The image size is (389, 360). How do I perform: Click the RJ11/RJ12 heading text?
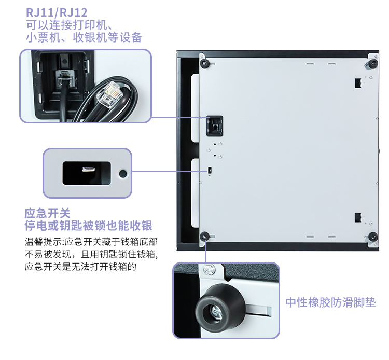[x=57, y=12]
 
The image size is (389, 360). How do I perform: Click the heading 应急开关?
[x=47, y=213]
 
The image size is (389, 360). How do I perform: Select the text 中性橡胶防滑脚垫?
[x=331, y=302]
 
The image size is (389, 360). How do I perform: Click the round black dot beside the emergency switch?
[x=123, y=174]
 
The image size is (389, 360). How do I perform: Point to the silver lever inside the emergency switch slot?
[x=89, y=170]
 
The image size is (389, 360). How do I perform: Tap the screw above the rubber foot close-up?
[x=210, y=269]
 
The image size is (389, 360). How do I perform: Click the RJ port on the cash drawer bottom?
[x=215, y=126]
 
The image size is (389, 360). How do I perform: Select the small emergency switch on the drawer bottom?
[x=210, y=170]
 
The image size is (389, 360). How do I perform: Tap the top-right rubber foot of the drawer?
[x=373, y=64]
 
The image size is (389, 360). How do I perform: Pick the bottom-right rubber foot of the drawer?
[x=373, y=237]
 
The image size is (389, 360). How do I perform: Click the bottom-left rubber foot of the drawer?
[x=205, y=236]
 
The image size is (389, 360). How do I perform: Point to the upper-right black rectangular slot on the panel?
[x=358, y=83]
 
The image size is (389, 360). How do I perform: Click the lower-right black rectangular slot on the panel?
[x=358, y=217]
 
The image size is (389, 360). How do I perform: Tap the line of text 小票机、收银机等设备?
[x=84, y=37]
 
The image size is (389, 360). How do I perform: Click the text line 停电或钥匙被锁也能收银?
[x=88, y=226]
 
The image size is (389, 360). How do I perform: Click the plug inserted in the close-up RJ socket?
[x=64, y=79]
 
